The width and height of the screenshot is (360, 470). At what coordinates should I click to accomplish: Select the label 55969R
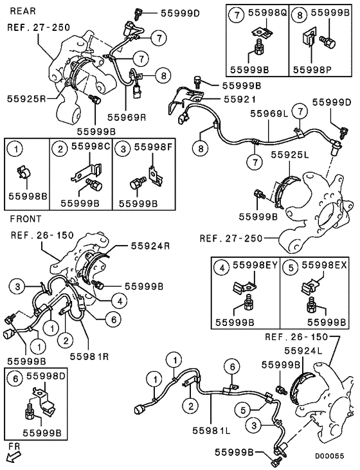pos(127,116)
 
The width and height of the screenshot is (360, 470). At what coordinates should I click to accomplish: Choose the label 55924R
pos(152,245)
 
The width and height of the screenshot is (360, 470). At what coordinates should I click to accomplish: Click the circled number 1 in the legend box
pos(17,149)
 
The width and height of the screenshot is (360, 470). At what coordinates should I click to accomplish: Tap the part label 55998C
pos(91,147)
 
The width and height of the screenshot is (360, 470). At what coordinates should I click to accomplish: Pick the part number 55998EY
pos(256,265)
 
